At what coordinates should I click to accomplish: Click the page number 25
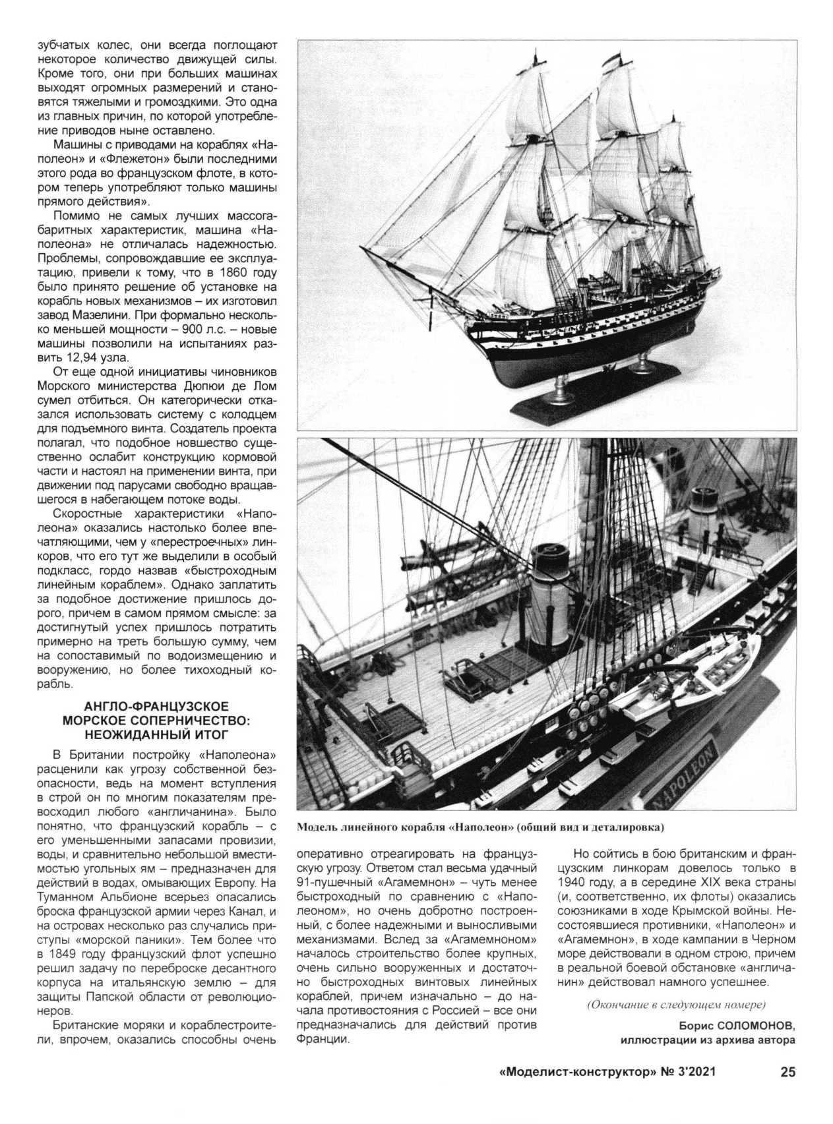click(787, 1072)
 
